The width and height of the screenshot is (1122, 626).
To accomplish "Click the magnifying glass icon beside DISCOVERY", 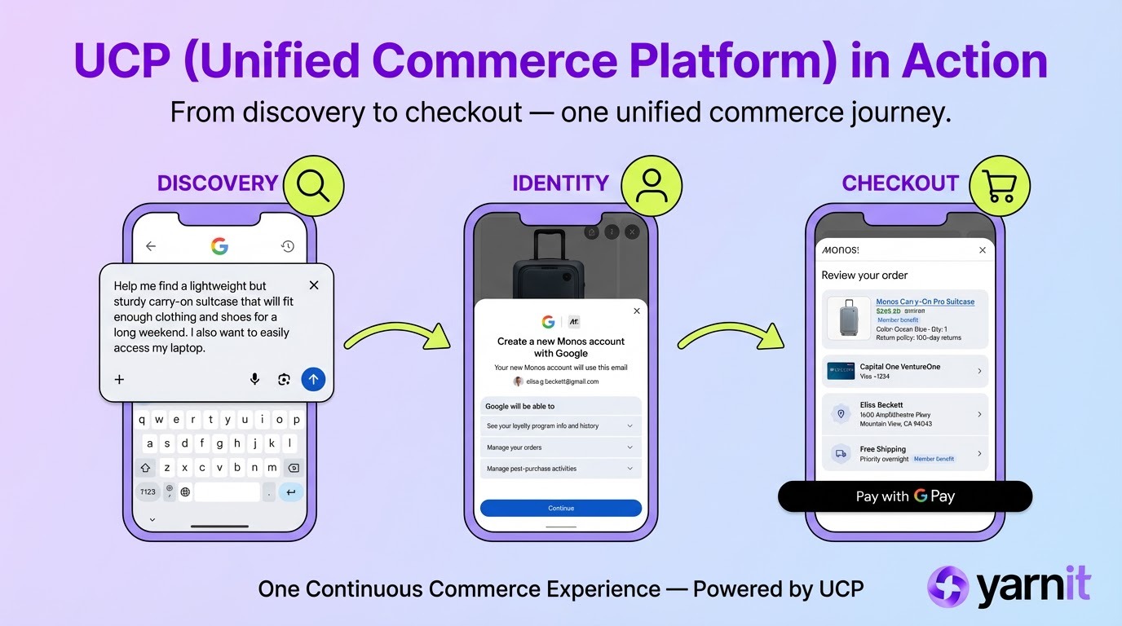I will [313, 186].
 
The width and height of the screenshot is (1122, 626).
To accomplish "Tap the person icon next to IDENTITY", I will [651, 186].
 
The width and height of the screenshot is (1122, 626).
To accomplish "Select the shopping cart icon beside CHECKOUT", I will [1000, 186].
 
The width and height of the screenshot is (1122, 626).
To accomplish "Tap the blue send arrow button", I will [313, 379].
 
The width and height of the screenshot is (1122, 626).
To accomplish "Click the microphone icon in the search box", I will [254, 379].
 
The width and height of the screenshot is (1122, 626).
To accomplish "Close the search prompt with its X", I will [314, 285].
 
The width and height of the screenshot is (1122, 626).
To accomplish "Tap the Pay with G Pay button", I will [905, 496].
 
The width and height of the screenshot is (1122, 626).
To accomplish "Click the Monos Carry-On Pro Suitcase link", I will [925, 302].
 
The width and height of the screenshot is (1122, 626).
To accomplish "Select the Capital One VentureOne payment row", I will [905, 372].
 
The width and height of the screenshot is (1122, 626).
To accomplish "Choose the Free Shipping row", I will [905, 453].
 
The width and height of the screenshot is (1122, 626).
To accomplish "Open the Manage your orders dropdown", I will [560, 447].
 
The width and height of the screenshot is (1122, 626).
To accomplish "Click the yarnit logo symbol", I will [948, 586].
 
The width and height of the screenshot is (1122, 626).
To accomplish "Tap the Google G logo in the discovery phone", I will [219, 246].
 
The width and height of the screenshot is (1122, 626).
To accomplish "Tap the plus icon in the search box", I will [119, 379].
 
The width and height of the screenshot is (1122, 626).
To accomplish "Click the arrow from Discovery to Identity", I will [397, 334].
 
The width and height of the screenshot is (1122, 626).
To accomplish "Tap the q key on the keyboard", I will [142, 421].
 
